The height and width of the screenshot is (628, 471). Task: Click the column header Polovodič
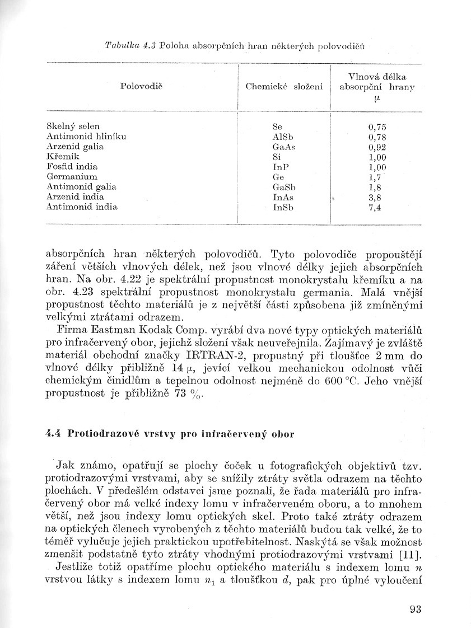144,87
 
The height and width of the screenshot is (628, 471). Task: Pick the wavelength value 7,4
375,208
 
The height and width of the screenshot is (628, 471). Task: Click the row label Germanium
73,177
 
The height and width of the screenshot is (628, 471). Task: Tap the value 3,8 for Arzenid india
375,198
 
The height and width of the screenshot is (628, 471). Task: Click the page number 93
415,610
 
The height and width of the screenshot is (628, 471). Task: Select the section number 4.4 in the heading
53,434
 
